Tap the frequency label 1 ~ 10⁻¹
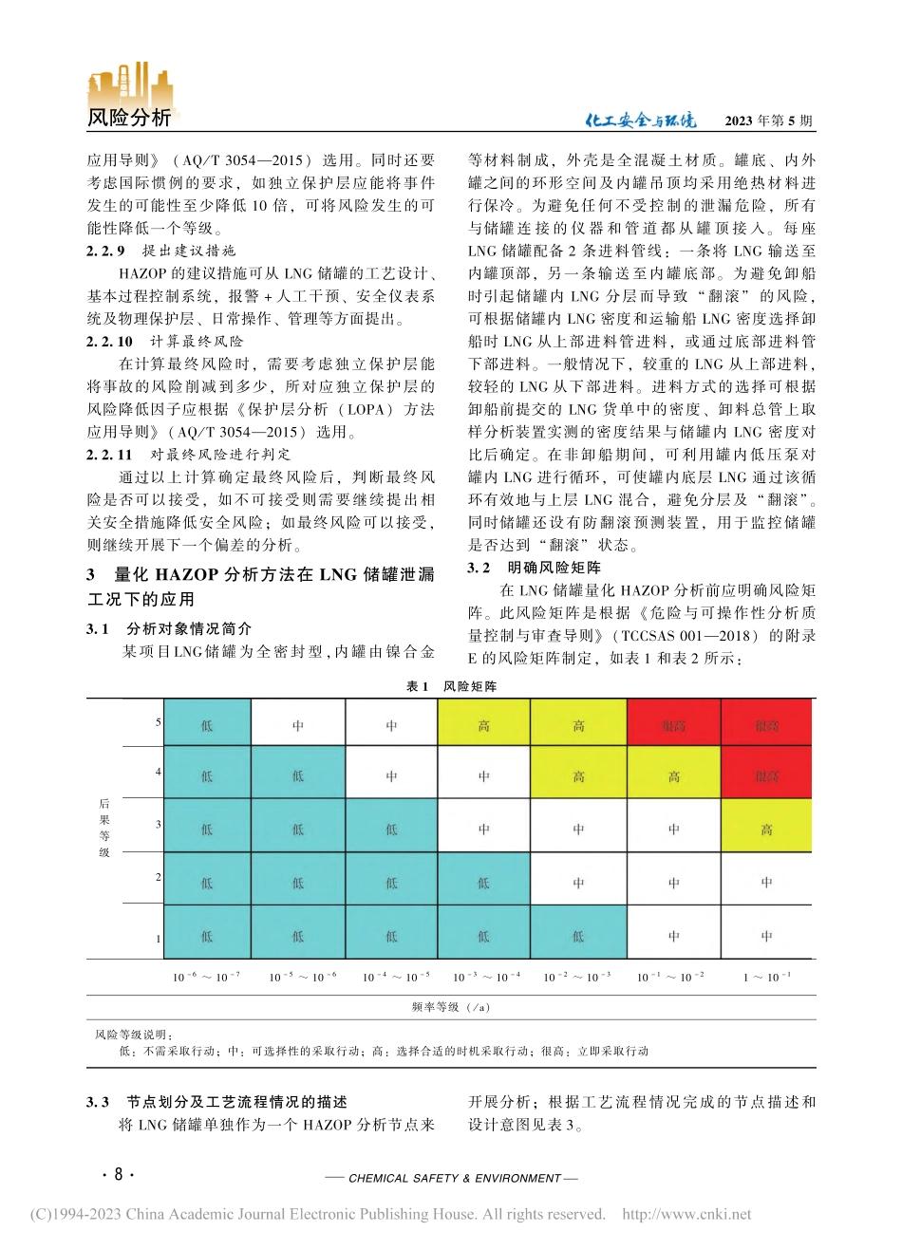(x=766, y=977)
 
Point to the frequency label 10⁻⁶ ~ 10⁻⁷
(x=206, y=977)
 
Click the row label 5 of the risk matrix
(x=159, y=723)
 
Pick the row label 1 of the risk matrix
(x=159, y=938)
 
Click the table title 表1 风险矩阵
(x=451, y=686)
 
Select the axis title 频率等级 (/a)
(x=451, y=1007)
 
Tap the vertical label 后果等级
(x=104, y=828)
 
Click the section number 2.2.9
(x=105, y=252)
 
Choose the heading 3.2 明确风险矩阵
(x=534, y=568)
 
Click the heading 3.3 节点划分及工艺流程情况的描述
(x=216, y=1102)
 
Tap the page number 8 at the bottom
(x=118, y=1175)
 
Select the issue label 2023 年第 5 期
(x=768, y=121)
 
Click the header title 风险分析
(x=129, y=118)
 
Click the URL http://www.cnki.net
(x=686, y=1214)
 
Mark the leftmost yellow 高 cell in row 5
(x=483, y=725)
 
